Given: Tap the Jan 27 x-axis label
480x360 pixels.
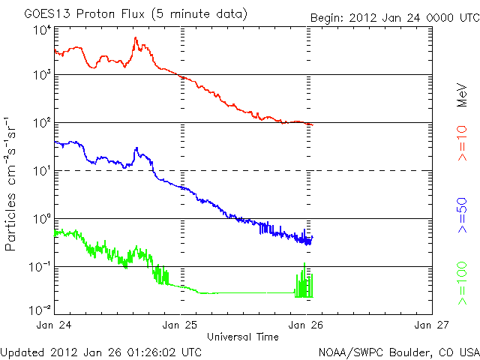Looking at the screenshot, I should pos(432,325).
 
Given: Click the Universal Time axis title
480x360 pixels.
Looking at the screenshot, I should pos(243,336).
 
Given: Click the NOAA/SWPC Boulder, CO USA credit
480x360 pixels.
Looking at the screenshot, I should pos(397,351).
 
